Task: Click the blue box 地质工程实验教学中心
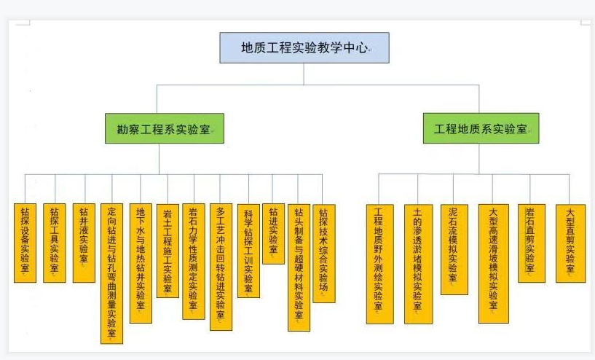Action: click(304, 48)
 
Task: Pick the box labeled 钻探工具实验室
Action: click(54, 243)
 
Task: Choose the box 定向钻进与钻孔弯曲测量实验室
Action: click(111, 273)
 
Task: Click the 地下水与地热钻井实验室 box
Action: click(141, 263)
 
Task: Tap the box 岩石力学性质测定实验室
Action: click(193, 261)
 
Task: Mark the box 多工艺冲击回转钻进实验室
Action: click(221, 267)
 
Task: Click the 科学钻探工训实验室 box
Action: click(248, 251)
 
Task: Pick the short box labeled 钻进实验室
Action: click(273, 233)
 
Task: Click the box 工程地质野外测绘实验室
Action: click(379, 263)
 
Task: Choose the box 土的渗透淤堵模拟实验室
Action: click(418, 263)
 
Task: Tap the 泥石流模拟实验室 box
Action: click(454, 249)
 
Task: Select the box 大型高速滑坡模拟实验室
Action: click(493, 263)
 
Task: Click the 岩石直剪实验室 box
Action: click(531, 243)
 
